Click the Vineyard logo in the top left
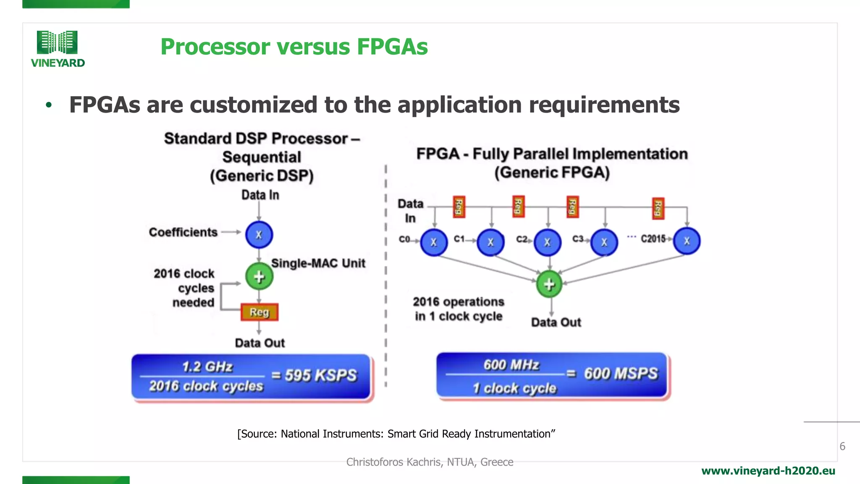[58, 48]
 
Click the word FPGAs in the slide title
[392, 47]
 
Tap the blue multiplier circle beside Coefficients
[259, 234]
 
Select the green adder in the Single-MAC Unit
[259, 276]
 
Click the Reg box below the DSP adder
[260, 312]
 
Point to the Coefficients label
[183, 232]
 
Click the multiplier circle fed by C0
[434, 242]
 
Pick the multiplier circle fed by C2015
[687, 241]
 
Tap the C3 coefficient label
[578, 239]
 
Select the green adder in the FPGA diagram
[549, 284]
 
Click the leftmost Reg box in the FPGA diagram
[459, 207]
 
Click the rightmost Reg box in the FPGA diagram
[658, 208]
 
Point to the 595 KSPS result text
[321, 375]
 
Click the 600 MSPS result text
[621, 374]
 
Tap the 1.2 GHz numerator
[207, 367]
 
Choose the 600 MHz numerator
[511, 365]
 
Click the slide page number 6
[842, 446]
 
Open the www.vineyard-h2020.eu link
[768, 471]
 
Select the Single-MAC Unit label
[318, 263]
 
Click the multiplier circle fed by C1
[490, 242]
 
